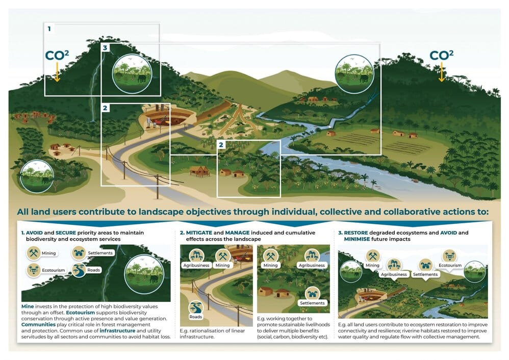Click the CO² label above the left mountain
click(57, 56)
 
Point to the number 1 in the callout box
click(49, 30)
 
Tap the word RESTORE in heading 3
click(358, 233)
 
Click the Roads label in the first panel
click(93, 270)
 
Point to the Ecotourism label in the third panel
click(449, 265)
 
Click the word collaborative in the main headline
click(379, 212)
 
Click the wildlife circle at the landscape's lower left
click(36, 176)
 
